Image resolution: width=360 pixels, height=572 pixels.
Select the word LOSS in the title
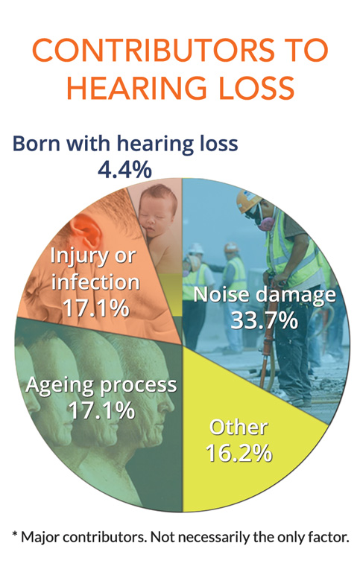click(x=256, y=88)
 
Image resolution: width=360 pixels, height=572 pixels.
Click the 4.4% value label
click(x=125, y=169)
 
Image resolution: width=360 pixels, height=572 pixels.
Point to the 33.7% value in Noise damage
click(x=264, y=321)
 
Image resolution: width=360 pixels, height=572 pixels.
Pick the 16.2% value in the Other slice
click(x=239, y=453)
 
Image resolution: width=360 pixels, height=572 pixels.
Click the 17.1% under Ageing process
click(x=102, y=410)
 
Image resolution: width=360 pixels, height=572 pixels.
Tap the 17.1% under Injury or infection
click(x=96, y=308)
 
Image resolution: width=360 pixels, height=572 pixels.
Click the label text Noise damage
click(x=265, y=295)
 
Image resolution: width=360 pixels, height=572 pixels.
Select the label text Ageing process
click(x=101, y=385)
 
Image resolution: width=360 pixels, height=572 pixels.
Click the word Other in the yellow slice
click(x=239, y=428)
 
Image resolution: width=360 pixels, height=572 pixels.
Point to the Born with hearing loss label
click(x=125, y=143)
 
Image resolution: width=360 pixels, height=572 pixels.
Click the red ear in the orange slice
click(x=85, y=231)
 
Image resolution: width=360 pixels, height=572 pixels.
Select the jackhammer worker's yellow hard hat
click(x=248, y=200)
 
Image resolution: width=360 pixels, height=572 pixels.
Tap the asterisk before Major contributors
click(x=15, y=535)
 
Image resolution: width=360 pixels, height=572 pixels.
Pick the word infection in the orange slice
click(x=95, y=282)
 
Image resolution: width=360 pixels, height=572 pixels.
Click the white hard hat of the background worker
click(x=196, y=249)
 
